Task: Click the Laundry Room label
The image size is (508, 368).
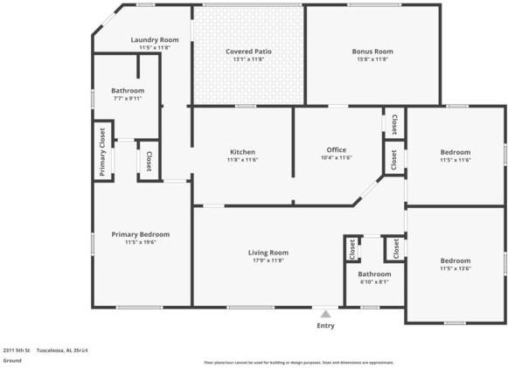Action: pyautogui.click(x=155, y=40)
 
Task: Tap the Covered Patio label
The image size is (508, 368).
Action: pyautogui.click(x=248, y=52)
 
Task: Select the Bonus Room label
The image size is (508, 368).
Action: pyautogui.click(x=372, y=52)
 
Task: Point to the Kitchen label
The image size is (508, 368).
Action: pyautogui.click(x=242, y=152)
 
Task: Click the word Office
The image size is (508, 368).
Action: pyautogui.click(x=337, y=149)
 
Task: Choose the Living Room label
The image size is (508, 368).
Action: pyautogui.click(x=268, y=253)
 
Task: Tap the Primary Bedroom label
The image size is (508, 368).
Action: pyautogui.click(x=141, y=234)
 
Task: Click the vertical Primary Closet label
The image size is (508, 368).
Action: pyautogui.click(x=102, y=152)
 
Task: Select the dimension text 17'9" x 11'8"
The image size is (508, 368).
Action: pyautogui.click(x=268, y=260)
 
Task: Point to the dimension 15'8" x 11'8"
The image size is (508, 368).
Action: pyautogui.click(x=372, y=59)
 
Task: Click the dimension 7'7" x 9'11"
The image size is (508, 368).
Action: pyautogui.click(x=128, y=98)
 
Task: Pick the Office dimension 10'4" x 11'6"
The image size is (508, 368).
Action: pyautogui.click(x=337, y=158)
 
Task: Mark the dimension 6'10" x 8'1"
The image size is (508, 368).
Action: pyautogui.click(x=374, y=281)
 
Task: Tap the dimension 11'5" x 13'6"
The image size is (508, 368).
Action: pyautogui.click(x=455, y=268)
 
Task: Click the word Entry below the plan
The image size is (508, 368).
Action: pyautogui.click(x=325, y=325)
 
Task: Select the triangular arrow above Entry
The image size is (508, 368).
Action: pyautogui.click(x=325, y=313)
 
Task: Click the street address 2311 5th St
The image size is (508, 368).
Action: pyautogui.click(x=17, y=350)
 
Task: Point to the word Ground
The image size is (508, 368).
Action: pyautogui.click(x=12, y=360)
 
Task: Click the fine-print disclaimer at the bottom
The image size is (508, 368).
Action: pyautogui.click(x=298, y=362)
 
